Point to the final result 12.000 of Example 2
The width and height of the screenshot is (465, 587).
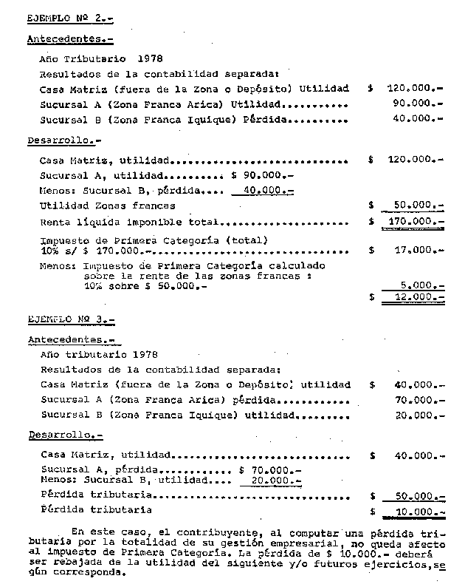[418, 297]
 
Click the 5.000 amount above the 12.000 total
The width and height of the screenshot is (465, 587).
[421, 284]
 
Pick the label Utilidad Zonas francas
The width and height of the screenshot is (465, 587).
[108, 206]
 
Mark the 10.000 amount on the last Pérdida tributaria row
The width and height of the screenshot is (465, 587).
[418, 511]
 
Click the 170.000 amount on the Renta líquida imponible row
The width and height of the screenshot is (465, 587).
[415, 222]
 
